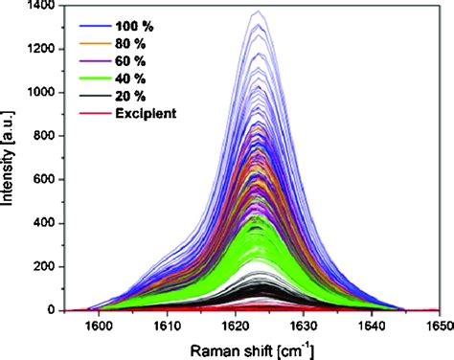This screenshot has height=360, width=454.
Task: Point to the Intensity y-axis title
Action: [10, 159]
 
